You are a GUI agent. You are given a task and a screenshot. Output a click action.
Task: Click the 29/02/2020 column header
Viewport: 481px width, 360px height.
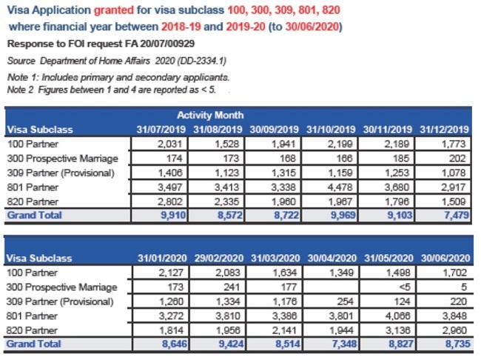tap(222, 258)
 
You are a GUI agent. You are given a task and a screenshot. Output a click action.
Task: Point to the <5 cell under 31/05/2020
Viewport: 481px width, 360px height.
tap(400, 287)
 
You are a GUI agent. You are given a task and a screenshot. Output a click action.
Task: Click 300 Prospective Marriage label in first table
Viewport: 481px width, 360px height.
tap(62, 158)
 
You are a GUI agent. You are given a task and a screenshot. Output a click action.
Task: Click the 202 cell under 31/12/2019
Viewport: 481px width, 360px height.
tap(457, 158)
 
